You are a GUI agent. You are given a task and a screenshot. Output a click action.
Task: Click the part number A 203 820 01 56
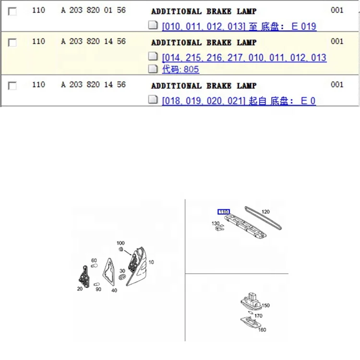coord(93,10)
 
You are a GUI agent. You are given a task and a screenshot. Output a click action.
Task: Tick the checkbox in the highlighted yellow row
coord(12,42)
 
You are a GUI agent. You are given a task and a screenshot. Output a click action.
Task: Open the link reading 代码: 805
coord(180,69)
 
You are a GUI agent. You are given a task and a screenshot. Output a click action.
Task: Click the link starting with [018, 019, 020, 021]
coord(239,101)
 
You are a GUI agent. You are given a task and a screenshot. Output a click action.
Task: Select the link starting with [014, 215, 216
coord(244,58)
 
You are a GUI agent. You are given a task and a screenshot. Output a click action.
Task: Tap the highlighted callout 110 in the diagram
coord(224,212)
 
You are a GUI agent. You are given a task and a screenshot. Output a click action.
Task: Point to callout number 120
coord(265,212)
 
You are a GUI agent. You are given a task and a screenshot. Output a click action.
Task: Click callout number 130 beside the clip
coord(216,223)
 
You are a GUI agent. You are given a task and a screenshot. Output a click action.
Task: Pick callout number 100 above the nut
coord(120,243)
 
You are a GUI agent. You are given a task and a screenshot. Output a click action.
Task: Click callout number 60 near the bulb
coord(94,260)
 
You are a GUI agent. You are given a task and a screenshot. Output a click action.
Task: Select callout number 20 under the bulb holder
coord(80,289)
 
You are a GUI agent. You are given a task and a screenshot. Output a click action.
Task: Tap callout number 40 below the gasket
coord(114,290)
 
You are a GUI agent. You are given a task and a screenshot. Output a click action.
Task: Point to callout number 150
coord(265,305)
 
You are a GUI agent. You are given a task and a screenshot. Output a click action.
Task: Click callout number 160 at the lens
coord(262,330)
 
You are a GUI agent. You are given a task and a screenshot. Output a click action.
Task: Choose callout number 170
coord(258,316)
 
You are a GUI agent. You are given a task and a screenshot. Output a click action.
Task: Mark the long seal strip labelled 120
coord(264,218)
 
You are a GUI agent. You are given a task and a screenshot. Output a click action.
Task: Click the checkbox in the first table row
coord(12,11)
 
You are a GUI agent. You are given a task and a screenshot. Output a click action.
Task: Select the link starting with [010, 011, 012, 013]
coord(239,26)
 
